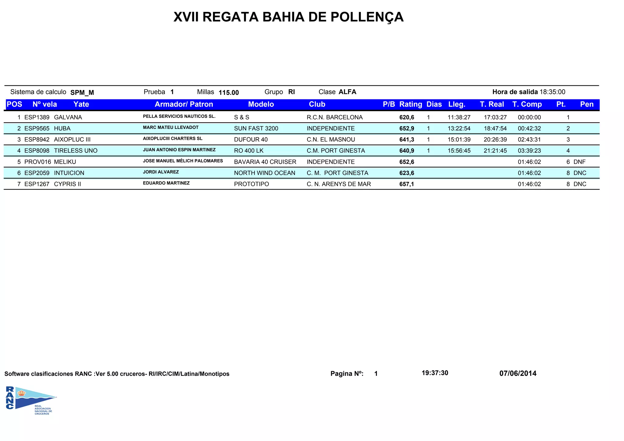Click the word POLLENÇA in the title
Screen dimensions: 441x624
click(x=367, y=17)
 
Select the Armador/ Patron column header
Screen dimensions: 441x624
click(x=184, y=105)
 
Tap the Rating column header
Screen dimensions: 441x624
click(x=410, y=105)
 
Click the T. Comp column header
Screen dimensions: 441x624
click(x=527, y=105)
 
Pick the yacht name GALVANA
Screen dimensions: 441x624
click(x=68, y=117)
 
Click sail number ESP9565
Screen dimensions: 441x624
click(x=37, y=129)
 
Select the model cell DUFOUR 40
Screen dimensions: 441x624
click(x=251, y=140)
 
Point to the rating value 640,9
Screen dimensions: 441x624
click(x=406, y=151)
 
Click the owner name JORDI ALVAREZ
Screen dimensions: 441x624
click(x=161, y=172)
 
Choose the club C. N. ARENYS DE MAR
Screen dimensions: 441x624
click(x=339, y=184)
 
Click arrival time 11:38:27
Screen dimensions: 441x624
click(x=459, y=117)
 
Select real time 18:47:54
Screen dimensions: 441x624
click(x=495, y=129)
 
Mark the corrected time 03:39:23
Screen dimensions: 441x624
click(x=529, y=151)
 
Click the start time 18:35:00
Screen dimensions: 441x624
click(x=552, y=92)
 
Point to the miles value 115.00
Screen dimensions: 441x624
click(x=229, y=93)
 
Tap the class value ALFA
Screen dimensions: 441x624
click(x=347, y=92)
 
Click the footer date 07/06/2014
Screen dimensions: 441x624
click(x=518, y=373)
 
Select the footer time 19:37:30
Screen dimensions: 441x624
click(x=435, y=373)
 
